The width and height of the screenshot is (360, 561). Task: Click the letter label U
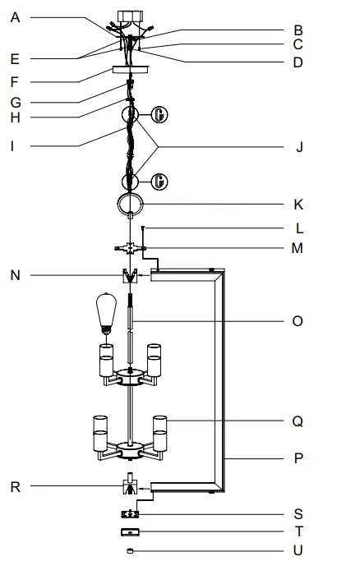[x=298, y=551]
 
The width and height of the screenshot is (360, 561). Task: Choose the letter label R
[x=16, y=486]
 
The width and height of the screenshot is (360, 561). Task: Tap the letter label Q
[x=297, y=422]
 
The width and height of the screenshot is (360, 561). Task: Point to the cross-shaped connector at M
[x=129, y=246]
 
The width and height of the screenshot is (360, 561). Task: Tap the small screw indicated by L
[x=144, y=228]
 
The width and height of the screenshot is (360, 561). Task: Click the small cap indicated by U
[x=130, y=551]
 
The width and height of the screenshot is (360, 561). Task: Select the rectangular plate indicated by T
[x=130, y=532]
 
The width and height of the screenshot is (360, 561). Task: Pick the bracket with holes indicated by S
[x=130, y=514]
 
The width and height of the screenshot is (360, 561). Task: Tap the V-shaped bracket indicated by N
[x=129, y=277]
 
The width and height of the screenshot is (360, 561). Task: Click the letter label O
[x=297, y=321]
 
